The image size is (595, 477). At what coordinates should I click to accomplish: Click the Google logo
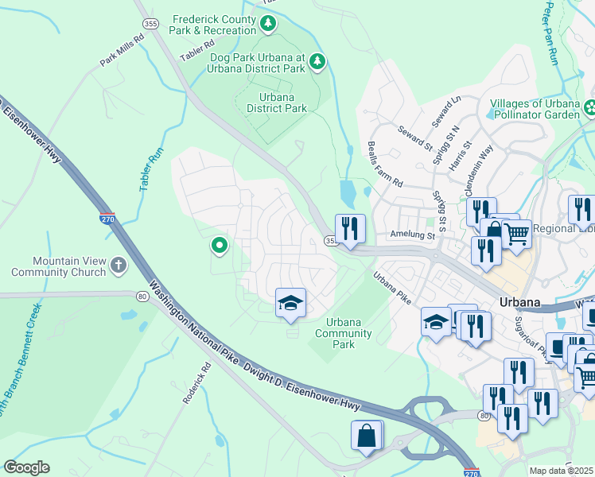point(26,467)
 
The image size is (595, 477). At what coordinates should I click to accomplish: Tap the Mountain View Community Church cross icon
point(119,265)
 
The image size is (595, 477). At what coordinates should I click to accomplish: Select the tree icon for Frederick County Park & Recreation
point(270,25)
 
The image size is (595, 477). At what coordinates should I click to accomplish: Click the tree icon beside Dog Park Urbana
point(317,62)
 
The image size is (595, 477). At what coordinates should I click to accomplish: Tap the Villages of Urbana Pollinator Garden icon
point(590,107)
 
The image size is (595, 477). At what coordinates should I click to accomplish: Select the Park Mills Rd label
point(122,49)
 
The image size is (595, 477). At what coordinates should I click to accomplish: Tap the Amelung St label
point(412,235)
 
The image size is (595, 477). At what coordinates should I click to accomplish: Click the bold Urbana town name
point(521,302)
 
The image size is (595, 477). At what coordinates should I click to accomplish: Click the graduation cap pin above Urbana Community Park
point(290,303)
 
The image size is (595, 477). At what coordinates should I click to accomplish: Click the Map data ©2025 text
point(562,471)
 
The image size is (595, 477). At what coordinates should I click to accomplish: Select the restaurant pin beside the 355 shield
point(350,229)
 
